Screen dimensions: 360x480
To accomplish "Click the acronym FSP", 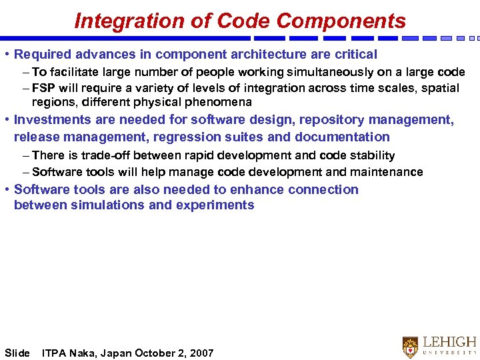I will [x=44, y=88].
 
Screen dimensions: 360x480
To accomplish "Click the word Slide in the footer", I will [x=17, y=353].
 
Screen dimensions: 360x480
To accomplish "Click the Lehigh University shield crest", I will [x=410, y=347].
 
